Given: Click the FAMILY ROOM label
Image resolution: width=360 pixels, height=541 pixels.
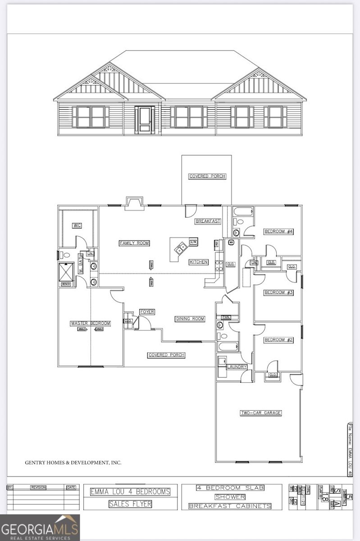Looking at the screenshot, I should pyautogui.click(x=134, y=243).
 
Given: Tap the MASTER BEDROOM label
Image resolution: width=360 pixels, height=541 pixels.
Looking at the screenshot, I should pyautogui.click(x=90, y=323).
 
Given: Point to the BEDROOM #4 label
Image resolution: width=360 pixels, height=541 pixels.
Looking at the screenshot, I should pyautogui.click(x=278, y=231).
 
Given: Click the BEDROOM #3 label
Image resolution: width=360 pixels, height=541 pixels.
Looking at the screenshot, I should pyautogui.click(x=278, y=293).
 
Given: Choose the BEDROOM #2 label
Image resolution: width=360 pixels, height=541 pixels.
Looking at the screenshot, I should pyautogui.click(x=278, y=340).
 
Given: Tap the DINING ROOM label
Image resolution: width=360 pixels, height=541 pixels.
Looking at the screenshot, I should pyautogui.click(x=190, y=319).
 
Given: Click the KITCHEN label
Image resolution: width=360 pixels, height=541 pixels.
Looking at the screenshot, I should pyautogui.click(x=199, y=262).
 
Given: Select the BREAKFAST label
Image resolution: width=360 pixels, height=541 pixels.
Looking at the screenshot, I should pyautogui.click(x=208, y=221).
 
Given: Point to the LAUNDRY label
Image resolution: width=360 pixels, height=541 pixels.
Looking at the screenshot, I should pyautogui.click(x=237, y=367).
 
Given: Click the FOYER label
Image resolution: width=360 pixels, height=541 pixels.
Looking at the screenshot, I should pyautogui.click(x=147, y=312).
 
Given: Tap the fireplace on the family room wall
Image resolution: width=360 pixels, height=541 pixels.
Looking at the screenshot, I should pyautogui.click(x=134, y=203).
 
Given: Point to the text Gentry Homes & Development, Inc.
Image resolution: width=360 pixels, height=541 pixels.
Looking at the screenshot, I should pyautogui.click(x=73, y=462).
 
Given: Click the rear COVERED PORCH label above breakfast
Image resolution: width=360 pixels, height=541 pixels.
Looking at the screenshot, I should pyautogui.click(x=207, y=176).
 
